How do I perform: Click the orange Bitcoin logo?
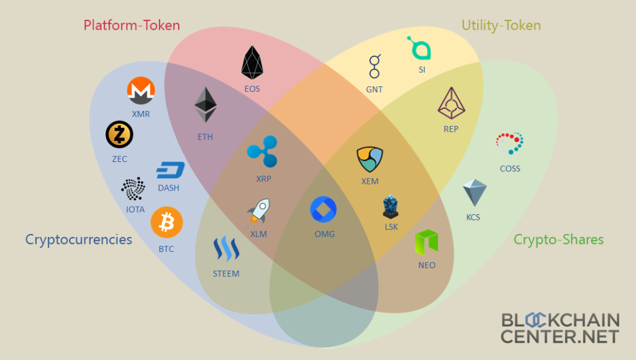166,222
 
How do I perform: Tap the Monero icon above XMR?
141,92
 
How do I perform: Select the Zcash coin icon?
119,135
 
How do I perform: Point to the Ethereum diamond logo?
206,104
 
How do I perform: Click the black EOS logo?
252,63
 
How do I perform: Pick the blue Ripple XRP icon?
263,151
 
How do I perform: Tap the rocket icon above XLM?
258,211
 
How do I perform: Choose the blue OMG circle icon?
324,210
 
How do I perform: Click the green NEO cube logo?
427,243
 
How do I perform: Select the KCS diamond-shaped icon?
475,193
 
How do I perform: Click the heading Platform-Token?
132,25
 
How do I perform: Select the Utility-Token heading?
501,25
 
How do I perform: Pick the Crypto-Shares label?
558,240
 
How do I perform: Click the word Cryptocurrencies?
79,240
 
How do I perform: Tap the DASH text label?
168,188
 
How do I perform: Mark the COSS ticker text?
510,169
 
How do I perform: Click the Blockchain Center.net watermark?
560,328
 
